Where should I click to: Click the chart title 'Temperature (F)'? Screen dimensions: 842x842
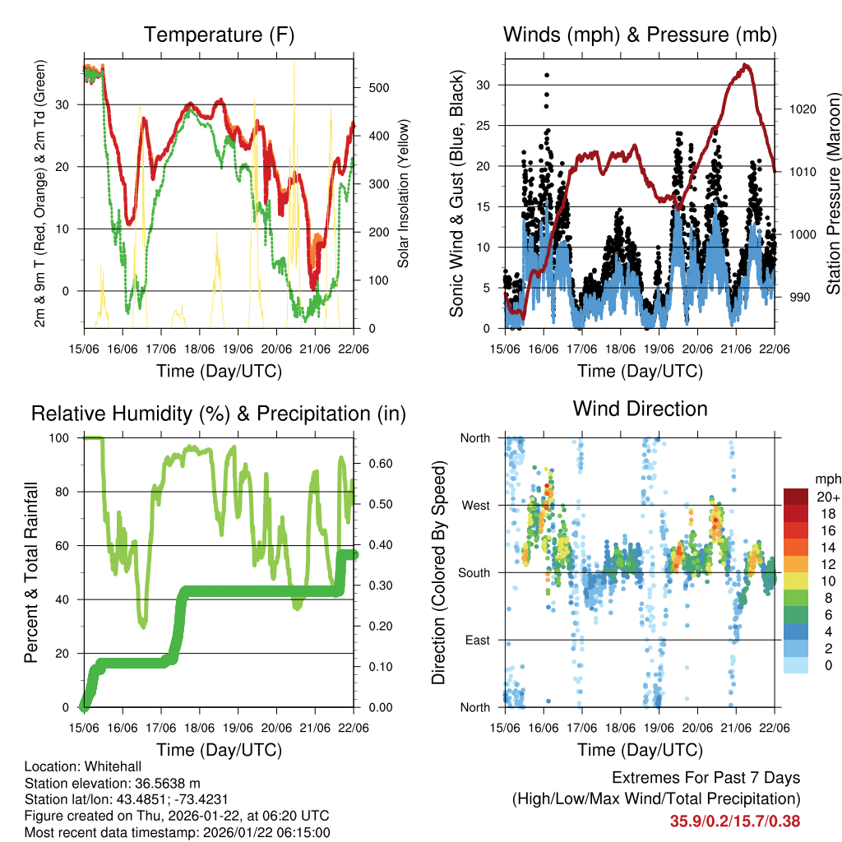coord(219,35)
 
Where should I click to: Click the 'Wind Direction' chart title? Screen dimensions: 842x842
coord(640,408)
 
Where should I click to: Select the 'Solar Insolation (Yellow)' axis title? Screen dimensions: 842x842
coord(403,193)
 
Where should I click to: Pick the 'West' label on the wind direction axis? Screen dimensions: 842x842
coord(475,505)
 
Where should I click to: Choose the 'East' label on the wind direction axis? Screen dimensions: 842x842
coord(476,640)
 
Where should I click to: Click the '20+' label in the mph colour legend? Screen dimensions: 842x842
coord(826,497)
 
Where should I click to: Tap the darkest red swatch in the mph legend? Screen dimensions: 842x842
coord(796,497)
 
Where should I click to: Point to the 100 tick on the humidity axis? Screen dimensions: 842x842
coord(61,437)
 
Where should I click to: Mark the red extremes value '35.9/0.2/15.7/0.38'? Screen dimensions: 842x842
coord(735,821)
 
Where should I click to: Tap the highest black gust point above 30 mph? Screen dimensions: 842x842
coord(547,75)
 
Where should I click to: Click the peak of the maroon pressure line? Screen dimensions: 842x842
coord(745,64)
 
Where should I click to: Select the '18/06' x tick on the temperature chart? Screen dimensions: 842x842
coord(200,349)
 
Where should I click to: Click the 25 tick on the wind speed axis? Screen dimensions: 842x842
coord(483,125)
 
